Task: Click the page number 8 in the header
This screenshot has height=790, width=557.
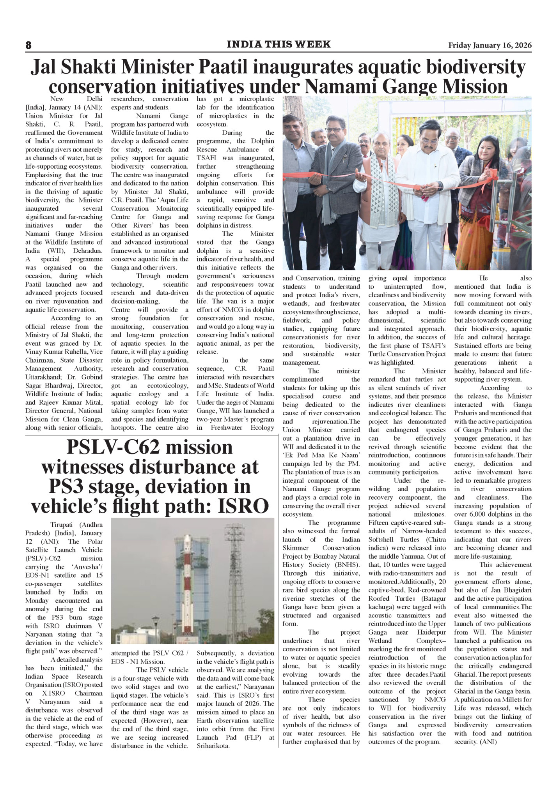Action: (x=28, y=45)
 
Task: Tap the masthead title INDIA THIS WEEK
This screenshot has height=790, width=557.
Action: (x=278, y=44)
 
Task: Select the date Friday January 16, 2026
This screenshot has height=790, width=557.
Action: (x=490, y=45)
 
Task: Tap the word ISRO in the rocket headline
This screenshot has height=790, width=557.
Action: (x=243, y=506)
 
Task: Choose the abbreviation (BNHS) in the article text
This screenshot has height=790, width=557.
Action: (x=347, y=564)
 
